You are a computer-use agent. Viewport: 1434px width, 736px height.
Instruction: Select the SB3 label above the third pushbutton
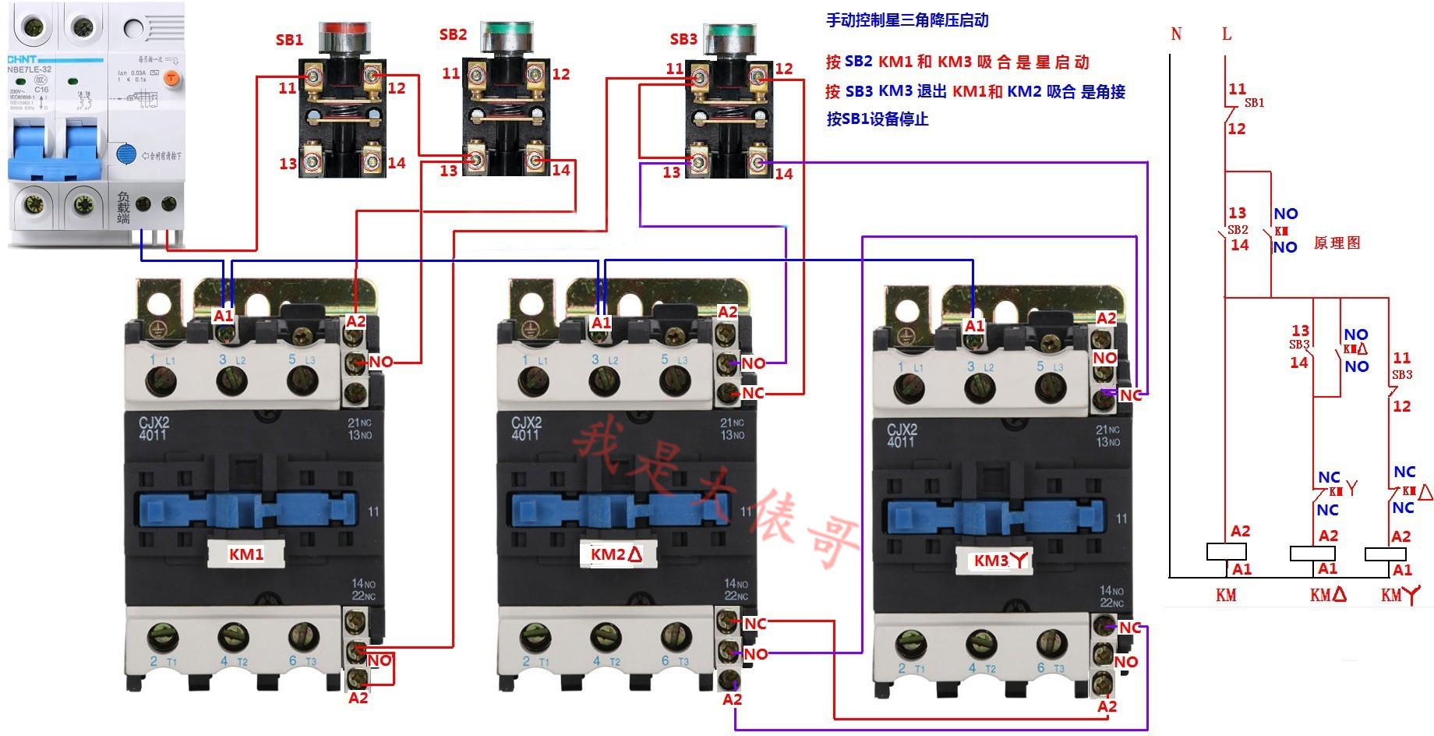point(683,39)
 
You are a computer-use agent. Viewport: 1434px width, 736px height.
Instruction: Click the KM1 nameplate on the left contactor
point(246,554)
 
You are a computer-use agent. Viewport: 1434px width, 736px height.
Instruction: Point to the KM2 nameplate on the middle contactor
point(616,555)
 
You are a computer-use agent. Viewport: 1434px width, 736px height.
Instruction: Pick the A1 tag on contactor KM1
point(223,316)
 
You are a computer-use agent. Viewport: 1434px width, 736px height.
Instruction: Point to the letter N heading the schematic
point(1176,34)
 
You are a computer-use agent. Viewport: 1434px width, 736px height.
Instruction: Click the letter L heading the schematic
point(1227,34)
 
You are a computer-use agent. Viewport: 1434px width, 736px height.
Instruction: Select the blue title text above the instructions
point(907,20)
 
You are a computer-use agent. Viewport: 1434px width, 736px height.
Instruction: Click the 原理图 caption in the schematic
point(1337,242)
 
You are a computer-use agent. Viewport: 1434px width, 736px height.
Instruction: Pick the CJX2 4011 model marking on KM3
point(902,433)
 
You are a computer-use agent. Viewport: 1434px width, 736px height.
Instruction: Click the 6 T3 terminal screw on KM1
point(301,636)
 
